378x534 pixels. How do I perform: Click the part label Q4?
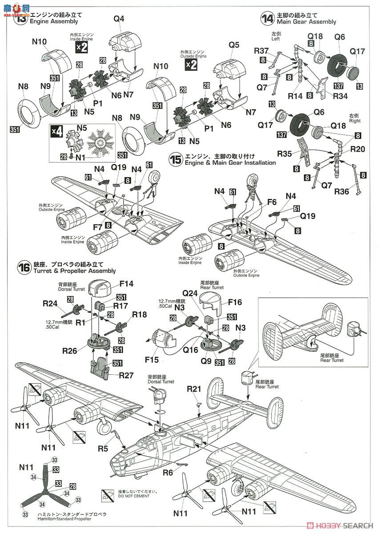pyautogui.click(x=119, y=19)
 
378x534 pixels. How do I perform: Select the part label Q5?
pyautogui.click(x=234, y=45)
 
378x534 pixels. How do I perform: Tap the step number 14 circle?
pyautogui.click(x=267, y=19)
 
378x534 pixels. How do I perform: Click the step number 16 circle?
pyautogui.click(x=24, y=267)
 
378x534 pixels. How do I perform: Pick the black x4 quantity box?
pyautogui.click(x=56, y=131)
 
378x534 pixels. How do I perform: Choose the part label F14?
pyautogui.click(x=126, y=283)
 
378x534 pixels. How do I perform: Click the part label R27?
pyautogui.click(x=127, y=376)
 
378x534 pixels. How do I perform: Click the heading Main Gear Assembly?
pyautogui.click(x=306, y=22)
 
